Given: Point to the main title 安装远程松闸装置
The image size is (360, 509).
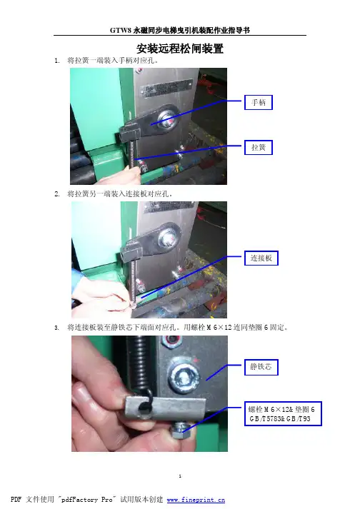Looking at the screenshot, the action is pyautogui.click(x=180, y=49).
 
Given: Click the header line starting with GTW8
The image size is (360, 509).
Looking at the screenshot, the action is pyautogui.click(x=180, y=30).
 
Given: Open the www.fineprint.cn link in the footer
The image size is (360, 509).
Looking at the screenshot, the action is pyautogui.click(x=196, y=500).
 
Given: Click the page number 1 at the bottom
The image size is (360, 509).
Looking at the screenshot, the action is pyautogui.click(x=180, y=476).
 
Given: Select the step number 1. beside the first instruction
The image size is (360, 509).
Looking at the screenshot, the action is pyautogui.click(x=57, y=61).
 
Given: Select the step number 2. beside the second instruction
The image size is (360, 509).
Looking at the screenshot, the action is pyautogui.click(x=57, y=194).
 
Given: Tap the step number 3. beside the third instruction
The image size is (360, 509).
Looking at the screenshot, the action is pyautogui.click(x=57, y=328).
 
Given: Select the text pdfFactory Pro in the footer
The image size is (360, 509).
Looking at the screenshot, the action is pyautogui.click(x=88, y=499).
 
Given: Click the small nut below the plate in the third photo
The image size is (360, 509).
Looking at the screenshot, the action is pyautogui.click(x=178, y=430).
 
